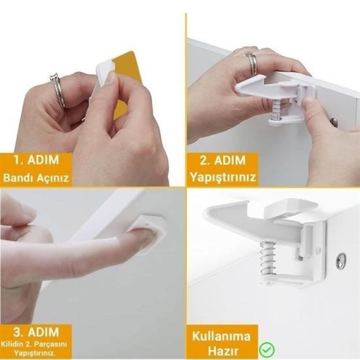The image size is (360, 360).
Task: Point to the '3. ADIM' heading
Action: pyautogui.click(x=36, y=331)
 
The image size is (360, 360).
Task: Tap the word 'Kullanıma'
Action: pyautogui.click(x=221, y=336)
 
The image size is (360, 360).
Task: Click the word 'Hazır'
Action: pyautogui.click(x=221, y=350)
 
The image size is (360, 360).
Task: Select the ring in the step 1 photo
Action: pyautogui.click(x=58, y=91)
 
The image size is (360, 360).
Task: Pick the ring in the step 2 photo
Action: pyautogui.click(x=251, y=62)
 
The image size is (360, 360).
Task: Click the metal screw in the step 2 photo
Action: pyautogui.click(x=335, y=122)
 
